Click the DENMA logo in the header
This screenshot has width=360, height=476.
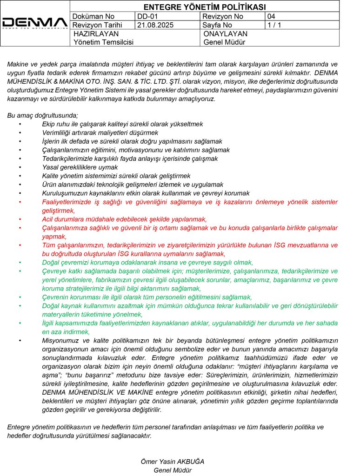[35, 23]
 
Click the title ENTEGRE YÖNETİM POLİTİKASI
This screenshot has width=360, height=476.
[205, 7]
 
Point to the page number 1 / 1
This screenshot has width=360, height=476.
[274, 25]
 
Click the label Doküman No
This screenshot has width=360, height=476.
[93, 16]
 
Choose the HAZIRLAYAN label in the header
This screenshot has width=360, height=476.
[96, 34]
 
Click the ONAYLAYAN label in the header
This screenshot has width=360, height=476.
[226, 34]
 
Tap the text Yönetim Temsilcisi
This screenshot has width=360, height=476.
[103, 42]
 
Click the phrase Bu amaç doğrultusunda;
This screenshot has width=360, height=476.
[43, 116]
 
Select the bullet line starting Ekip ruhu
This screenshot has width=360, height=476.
[116, 125]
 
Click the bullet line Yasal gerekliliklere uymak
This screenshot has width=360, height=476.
[80, 167]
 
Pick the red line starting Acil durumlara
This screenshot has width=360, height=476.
[124, 219]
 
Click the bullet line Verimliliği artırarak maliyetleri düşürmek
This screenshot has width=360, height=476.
[100, 133]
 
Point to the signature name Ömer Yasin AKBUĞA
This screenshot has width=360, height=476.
[173, 462]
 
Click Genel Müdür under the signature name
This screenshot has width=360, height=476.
[173, 470]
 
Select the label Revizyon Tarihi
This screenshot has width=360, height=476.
[98, 25]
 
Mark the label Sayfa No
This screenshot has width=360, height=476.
[218, 25]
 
